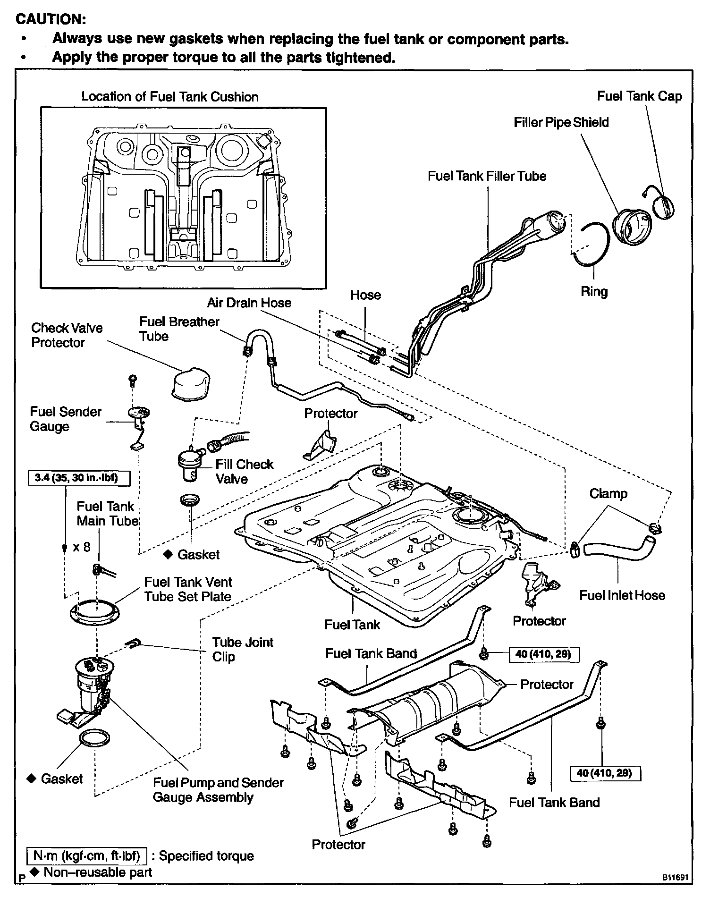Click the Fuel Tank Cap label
[639, 96]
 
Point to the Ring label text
[594, 291]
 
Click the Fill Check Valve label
[244, 471]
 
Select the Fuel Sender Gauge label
[65, 419]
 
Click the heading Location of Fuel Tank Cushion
[170, 97]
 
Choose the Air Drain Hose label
[249, 303]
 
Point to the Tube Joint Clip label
[242, 649]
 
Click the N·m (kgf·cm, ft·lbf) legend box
[86, 855]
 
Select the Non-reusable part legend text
[97, 872]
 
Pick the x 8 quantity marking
[81, 547]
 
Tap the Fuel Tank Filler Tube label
[487, 176]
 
